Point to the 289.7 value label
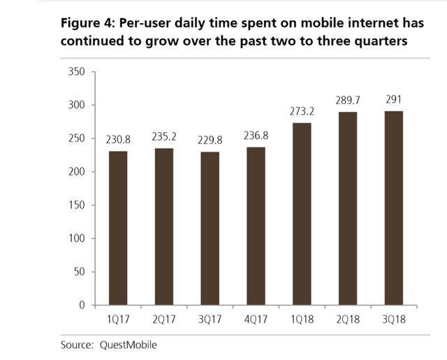tap(346, 101)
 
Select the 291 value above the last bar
tap(393, 100)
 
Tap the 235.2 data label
tap(164, 137)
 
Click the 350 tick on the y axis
tap(76, 72)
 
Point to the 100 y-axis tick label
tap(76, 238)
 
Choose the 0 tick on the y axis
tap(81, 305)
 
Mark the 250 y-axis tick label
tap(76, 138)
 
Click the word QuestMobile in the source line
tap(129, 344)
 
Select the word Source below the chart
tap(76, 344)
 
